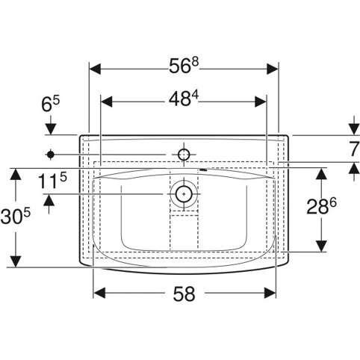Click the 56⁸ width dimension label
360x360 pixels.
[x=184, y=66]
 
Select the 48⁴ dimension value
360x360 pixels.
[x=183, y=98]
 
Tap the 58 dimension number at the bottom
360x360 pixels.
[x=184, y=294]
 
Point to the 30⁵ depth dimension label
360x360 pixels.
[x=16, y=216]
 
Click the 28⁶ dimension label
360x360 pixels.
[x=321, y=206]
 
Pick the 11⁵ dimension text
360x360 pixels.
[x=52, y=181]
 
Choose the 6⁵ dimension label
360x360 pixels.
[x=51, y=104]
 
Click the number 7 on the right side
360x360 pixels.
[x=354, y=149]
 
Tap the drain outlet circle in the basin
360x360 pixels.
[x=184, y=193]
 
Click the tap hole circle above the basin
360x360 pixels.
[x=184, y=155]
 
